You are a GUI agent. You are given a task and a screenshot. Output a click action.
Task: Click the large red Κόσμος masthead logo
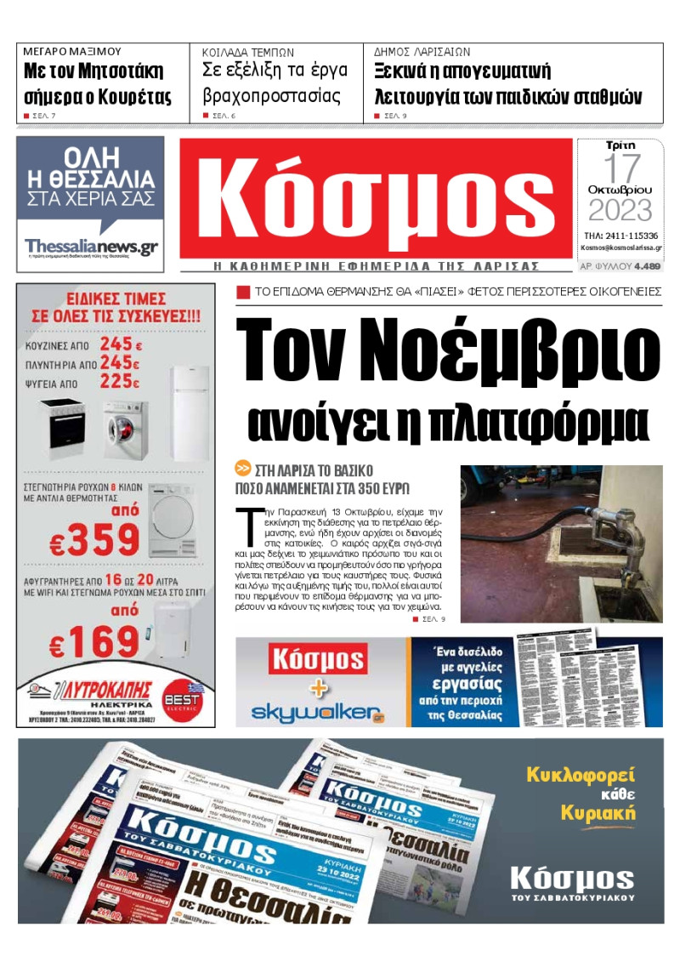click(x=375, y=198)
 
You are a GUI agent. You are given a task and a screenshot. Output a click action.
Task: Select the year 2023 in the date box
click(x=620, y=210)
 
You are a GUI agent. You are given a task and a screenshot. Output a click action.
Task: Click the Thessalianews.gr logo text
click(x=91, y=246)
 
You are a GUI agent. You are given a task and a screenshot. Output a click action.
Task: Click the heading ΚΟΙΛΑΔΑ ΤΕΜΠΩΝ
click(x=247, y=52)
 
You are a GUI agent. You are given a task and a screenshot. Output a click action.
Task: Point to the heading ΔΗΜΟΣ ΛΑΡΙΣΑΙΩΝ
click(x=422, y=52)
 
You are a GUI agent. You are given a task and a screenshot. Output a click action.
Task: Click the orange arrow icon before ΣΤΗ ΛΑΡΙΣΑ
click(x=243, y=469)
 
